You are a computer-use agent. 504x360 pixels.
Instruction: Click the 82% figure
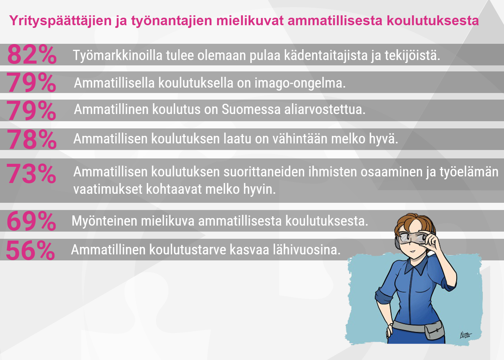click(x=32, y=55)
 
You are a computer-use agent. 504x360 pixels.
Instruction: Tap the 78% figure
click(x=31, y=139)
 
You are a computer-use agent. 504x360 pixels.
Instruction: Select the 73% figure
click(x=31, y=173)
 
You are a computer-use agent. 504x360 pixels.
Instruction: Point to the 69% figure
click(x=31, y=221)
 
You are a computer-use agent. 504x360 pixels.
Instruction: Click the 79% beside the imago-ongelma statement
click(x=31, y=82)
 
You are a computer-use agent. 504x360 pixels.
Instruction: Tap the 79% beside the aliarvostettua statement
click(x=31, y=110)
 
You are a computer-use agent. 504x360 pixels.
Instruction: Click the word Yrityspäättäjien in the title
click(x=60, y=21)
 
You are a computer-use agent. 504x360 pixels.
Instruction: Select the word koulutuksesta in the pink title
click(x=433, y=20)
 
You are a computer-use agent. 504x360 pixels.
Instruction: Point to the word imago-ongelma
click(x=300, y=83)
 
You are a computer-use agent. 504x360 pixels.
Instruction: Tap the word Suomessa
click(x=251, y=109)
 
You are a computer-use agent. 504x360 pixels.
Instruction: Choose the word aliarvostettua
click(x=325, y=109)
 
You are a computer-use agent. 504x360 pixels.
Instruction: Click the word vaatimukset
click(x=108, y=189)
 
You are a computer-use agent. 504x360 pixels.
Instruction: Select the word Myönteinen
click(x=104, y=221)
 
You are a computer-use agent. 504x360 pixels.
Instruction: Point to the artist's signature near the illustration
click(x=465, y=335)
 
